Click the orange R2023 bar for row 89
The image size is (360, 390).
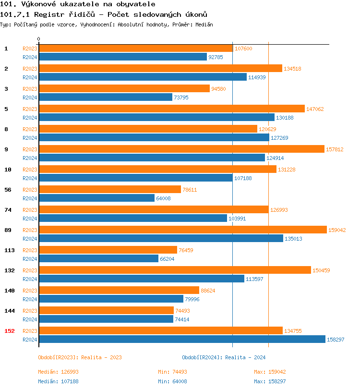point(182,230)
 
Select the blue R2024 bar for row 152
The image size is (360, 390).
point(181,339)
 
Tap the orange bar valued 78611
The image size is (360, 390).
point(109,189)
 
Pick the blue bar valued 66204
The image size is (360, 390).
point(98,258)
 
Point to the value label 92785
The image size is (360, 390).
point(216,57)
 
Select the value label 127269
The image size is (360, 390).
point(278,138)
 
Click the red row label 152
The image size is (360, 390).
point(10,330)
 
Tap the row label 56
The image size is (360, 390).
point(8,189)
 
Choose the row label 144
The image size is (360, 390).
point(10,310)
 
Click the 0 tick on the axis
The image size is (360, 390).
point(39,39)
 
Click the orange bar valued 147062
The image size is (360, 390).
point(171,109)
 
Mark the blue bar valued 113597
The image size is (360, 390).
point(141,279)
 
